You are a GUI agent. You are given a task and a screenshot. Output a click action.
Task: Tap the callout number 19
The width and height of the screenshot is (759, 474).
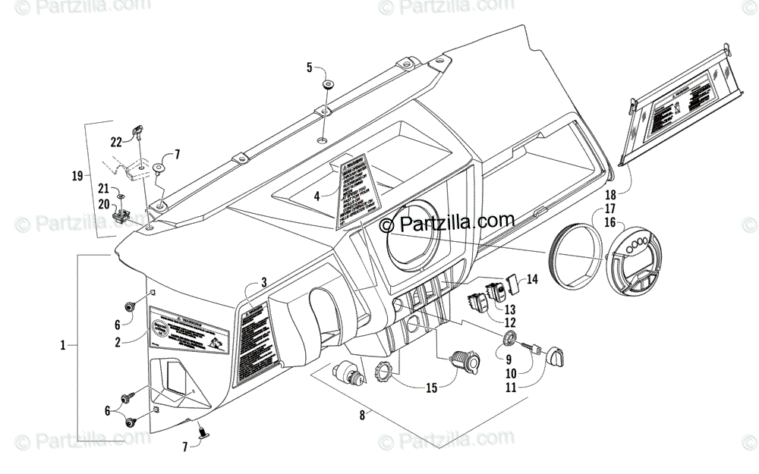(x=77, y=176)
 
